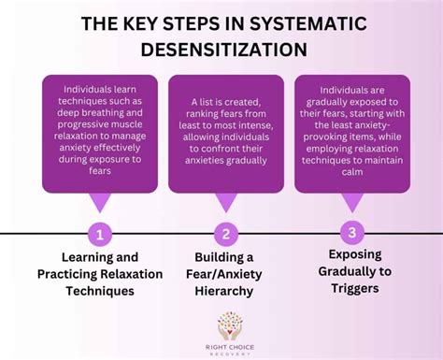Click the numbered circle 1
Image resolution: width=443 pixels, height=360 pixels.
[x=100, y=232]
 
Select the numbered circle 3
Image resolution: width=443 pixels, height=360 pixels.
[x=351, y=232]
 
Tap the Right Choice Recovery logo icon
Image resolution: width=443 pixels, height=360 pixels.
[x=229, y=326]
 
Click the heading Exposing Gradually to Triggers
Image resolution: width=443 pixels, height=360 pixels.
[x=351, y=270]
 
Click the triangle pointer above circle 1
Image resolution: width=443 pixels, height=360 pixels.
[x=100, y=202]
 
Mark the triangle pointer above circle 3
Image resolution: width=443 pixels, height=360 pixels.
[x=351, y=202]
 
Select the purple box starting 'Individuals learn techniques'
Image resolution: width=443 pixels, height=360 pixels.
[x=100, y=132]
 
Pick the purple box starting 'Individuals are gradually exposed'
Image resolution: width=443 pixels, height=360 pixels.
[x=351, y=132]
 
